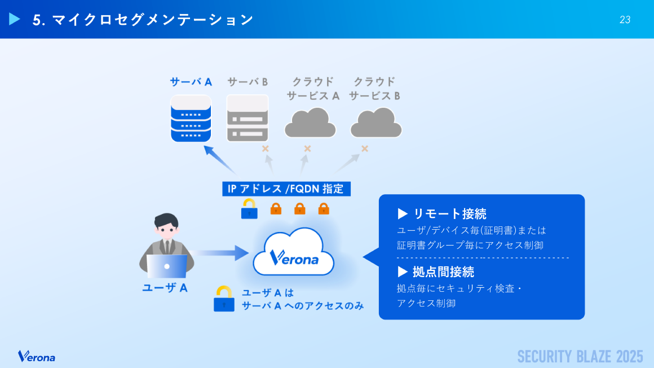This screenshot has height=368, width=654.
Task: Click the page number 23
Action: coord(625,20)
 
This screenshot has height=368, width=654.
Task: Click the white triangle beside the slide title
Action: coord(15,19)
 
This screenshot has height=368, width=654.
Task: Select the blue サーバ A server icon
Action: coord(191,119)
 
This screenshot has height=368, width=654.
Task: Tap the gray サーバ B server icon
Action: coord(247,119)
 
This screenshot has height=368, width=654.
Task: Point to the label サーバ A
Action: coord(191,82)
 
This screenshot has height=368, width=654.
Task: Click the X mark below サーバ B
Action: coord(265,149)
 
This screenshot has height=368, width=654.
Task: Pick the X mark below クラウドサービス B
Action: coord(365,149)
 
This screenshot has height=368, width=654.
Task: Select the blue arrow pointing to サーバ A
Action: coord(219,160)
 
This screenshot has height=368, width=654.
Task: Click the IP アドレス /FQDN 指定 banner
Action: coord(286,189)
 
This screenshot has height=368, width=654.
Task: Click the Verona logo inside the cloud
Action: coord(294,259)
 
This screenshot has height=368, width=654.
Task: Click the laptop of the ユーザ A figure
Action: coord(166,266)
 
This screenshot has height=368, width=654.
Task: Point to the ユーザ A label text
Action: coord(165,288)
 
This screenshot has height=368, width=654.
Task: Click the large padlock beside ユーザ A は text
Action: coord(224,299)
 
